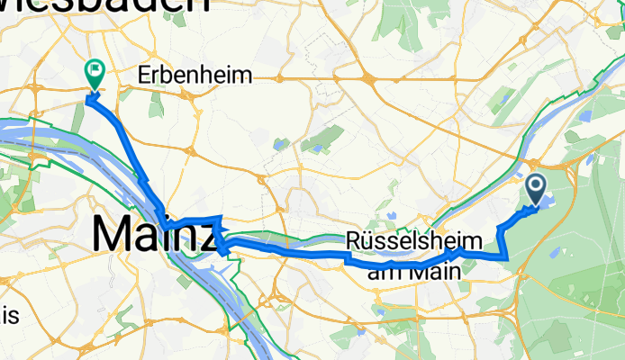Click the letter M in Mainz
pos(111,235)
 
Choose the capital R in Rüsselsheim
pos(353,241)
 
